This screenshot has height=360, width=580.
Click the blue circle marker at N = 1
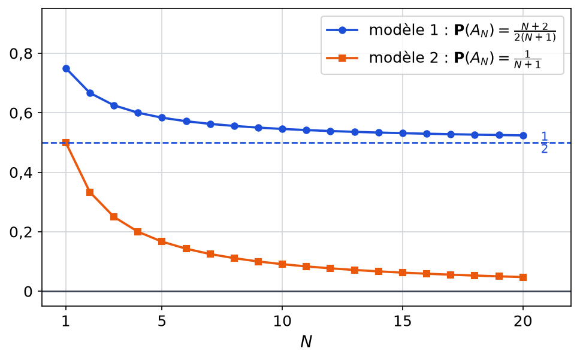pos(67,68)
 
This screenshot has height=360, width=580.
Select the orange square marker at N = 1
pos(67,143)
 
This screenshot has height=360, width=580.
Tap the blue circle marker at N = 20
pos(523,135)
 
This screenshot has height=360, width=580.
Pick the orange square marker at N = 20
pos(523,277)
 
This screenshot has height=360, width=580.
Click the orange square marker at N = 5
pos(162,241)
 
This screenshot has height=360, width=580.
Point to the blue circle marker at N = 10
pos(282,129)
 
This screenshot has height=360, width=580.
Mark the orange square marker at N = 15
pos(403,273)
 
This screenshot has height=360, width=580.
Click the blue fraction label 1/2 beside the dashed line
pos(545,143)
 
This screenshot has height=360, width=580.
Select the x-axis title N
pos(306,342)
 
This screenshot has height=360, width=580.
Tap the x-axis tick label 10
pos(282,322)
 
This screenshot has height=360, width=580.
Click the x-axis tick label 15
pos(403,322)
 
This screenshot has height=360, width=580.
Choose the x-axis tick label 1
pos(66,322)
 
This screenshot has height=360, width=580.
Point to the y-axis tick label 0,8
pos(21,54)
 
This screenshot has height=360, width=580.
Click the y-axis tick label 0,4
pos(21,173)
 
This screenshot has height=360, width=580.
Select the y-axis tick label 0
pos(28,292)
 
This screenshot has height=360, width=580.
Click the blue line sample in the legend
pos(342,31)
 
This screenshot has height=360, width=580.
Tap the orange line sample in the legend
pos(342,58)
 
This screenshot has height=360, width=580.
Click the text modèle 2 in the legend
pos(404,58)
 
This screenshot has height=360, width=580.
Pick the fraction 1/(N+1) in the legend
pos(527,59)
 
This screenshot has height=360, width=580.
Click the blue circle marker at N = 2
pos(90,93)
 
